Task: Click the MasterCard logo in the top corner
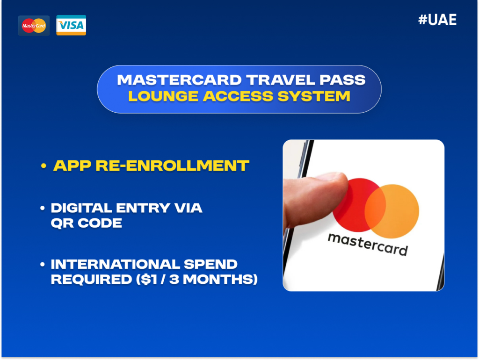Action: [34, 25]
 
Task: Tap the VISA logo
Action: [71, 25]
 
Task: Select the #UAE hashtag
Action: [437, 20]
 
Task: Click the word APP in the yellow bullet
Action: [70, 166]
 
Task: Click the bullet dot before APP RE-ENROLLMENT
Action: [44, 166]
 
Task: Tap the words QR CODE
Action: [87, 223]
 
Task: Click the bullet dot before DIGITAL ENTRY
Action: [44, 208]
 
